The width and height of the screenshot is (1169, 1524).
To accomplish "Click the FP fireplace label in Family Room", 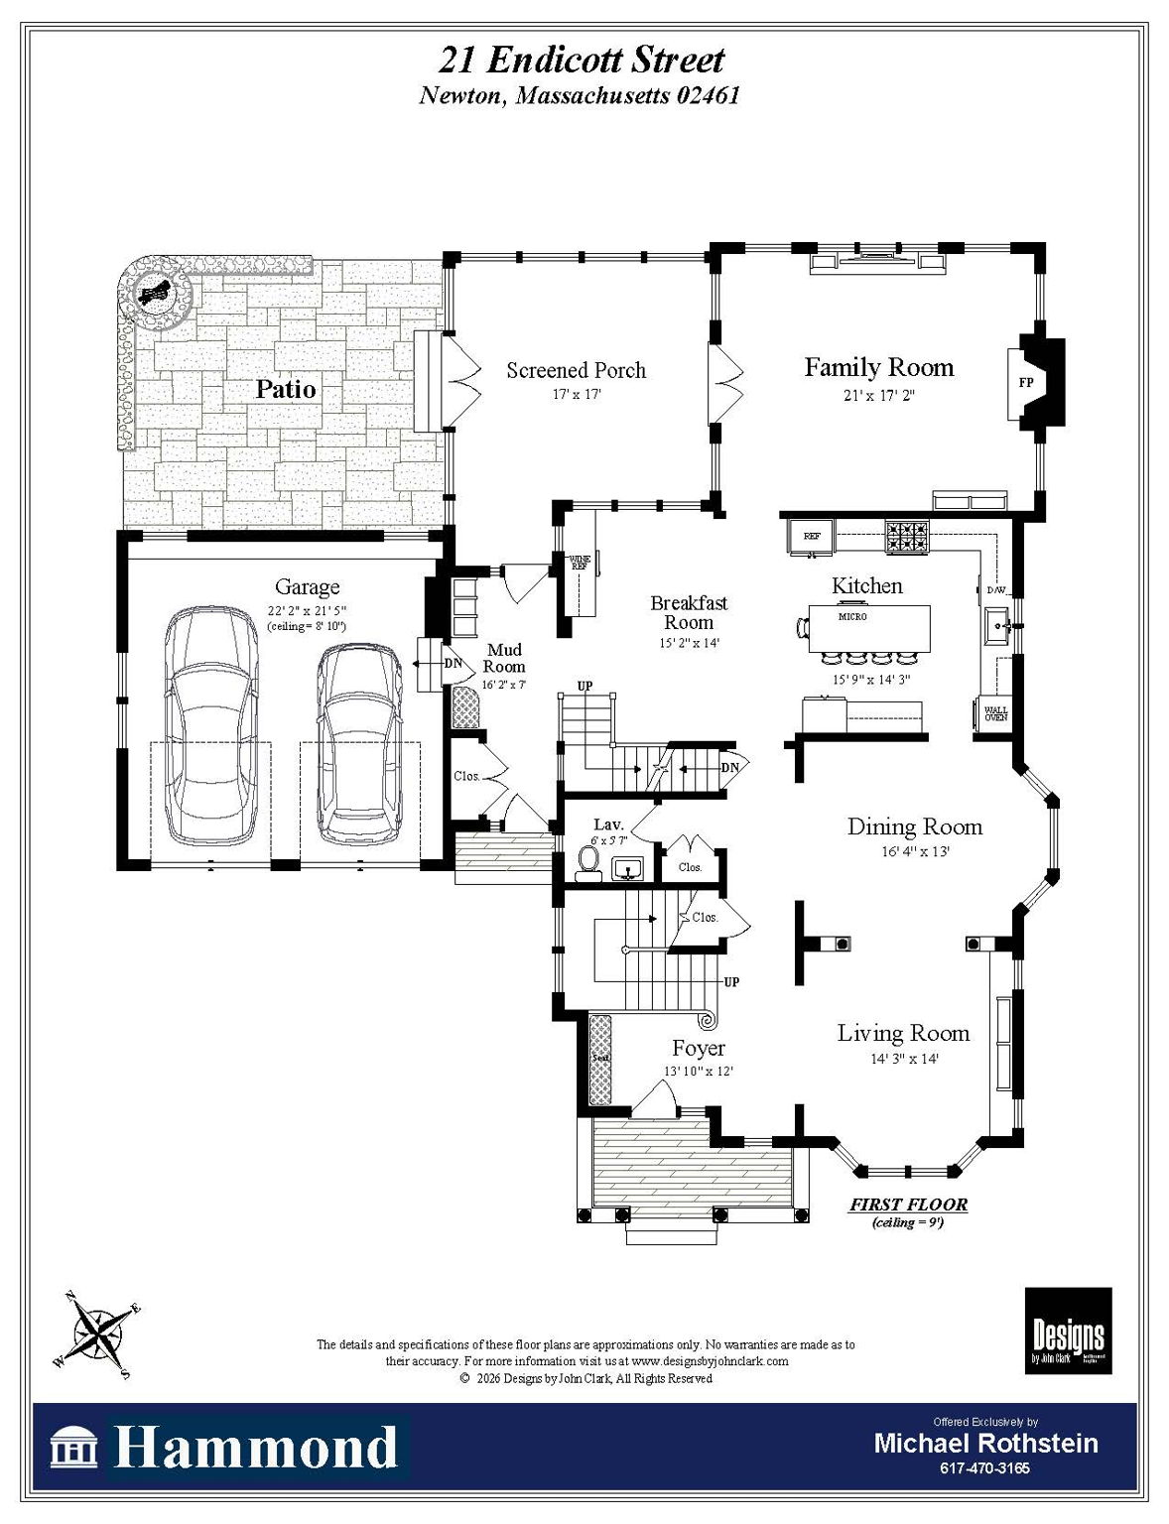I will [1026, 382].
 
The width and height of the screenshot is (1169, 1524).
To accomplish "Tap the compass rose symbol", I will [97, 1333].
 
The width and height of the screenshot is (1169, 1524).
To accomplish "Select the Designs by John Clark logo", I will [1068, 1331].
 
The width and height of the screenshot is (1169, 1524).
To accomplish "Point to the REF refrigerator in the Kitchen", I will [812, 536].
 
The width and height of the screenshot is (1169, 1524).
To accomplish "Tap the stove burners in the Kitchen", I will [907, 537].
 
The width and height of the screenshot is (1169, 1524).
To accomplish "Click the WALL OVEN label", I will [995, 712].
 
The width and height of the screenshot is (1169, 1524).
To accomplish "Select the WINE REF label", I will [580, 563].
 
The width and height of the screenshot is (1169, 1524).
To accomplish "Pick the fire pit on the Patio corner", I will [154, 293].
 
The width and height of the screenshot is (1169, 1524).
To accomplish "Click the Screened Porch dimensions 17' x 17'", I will [577, 394].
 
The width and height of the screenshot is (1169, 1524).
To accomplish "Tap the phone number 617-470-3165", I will [984, 1468].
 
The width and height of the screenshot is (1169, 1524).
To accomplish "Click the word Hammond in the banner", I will [255, 1448].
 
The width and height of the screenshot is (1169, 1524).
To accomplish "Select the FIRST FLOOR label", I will [908, 1205].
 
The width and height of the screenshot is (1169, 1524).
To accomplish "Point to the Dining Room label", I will [914, 826].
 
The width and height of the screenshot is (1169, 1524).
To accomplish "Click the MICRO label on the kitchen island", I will [852, 616].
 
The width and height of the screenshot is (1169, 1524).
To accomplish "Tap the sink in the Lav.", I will [627, 870].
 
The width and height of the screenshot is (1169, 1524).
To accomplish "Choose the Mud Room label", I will [504, 658].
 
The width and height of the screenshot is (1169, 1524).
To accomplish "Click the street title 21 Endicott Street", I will [582, 61].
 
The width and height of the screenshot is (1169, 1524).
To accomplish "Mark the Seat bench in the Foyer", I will [600, 1059].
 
